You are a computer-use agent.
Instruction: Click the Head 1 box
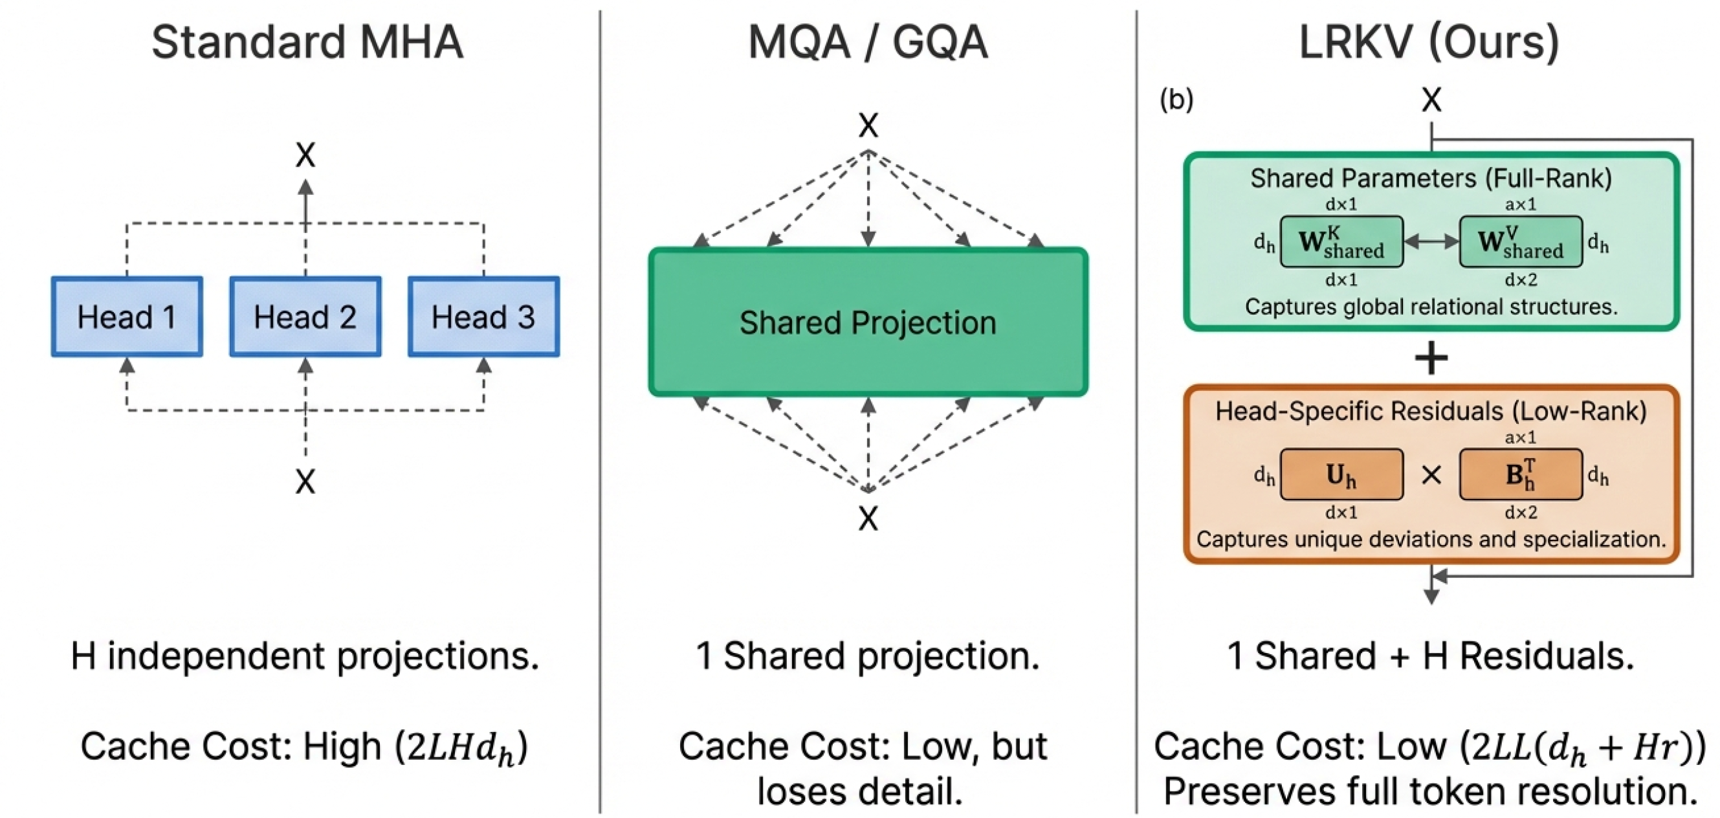tap(127, 316)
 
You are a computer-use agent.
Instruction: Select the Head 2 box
tap(305, 316)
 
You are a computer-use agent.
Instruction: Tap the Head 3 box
tap(484, 316)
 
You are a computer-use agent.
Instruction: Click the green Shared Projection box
tap(868, 322)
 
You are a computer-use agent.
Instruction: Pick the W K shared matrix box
tap(1341, 242)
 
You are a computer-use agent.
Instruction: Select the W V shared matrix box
tap(1520, 242)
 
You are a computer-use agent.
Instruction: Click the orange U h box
tap(1341, 474)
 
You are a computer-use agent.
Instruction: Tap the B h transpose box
tap(1520, 474)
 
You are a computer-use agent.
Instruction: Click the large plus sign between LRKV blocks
tap(1431, 359)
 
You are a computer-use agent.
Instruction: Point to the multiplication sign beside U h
tap(1431, 475)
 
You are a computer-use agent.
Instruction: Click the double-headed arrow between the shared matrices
tap(1431, 242)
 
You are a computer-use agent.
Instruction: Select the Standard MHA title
tap(307, 42)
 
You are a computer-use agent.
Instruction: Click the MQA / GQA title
tap(867, 42)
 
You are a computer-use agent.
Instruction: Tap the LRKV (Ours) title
tap(1429, 42)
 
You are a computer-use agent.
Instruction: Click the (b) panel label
tap(1176, 99)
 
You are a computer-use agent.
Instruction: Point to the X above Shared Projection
tap(868, 125)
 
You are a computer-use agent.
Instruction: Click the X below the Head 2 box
tap(305, 481)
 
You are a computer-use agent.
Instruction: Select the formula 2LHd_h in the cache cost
tap(461, 747)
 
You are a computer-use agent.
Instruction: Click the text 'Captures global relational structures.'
tap(1431, 307)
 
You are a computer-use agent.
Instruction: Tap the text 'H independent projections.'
tap(305, 656)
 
